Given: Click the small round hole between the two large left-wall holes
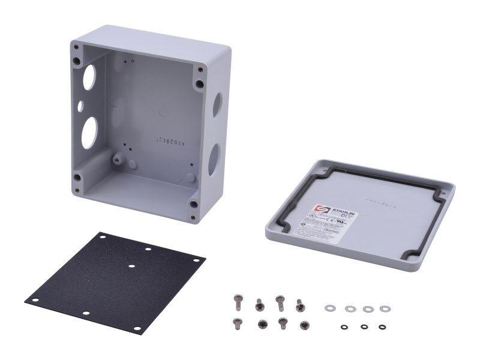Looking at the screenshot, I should (80, 106).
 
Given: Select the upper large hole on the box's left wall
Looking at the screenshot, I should (88, 77).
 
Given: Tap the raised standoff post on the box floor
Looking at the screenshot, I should (119, 159).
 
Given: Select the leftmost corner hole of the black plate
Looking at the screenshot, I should (35, 301).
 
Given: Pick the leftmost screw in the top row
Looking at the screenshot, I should (239, 298).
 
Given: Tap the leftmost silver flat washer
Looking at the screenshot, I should (329, 308).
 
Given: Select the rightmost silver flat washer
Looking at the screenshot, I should (384, 308).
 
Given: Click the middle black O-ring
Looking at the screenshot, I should (364, 327).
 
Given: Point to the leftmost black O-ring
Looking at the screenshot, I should (344, 327).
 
